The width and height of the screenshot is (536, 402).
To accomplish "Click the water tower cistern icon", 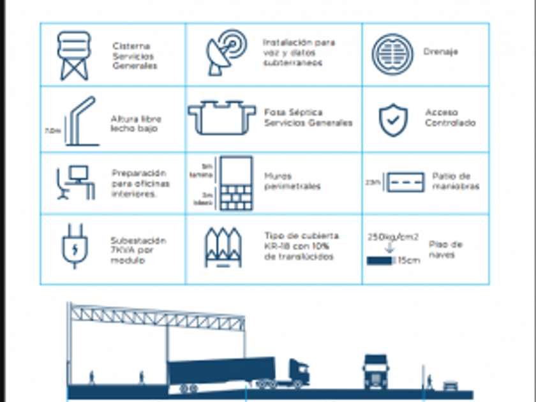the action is coord(74,56).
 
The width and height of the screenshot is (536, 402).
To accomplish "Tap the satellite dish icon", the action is coord(225,54).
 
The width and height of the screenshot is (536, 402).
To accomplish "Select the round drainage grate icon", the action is coord(392,54).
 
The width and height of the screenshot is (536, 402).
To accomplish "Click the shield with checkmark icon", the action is coord(393,119).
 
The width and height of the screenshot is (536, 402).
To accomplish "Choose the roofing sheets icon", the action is coord(223,246).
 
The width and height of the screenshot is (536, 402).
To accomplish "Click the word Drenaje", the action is coord(440,51).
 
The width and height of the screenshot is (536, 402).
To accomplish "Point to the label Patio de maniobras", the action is coord(455,181).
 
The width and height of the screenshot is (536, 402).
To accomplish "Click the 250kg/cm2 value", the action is coord(393,237).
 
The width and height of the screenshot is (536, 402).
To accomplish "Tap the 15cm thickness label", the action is coord(408,260).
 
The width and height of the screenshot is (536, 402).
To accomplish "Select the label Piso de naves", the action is coord(445,249).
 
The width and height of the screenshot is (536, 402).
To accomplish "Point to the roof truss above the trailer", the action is coord(156,316).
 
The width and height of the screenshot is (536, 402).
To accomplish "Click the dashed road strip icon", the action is coord(403,182).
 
